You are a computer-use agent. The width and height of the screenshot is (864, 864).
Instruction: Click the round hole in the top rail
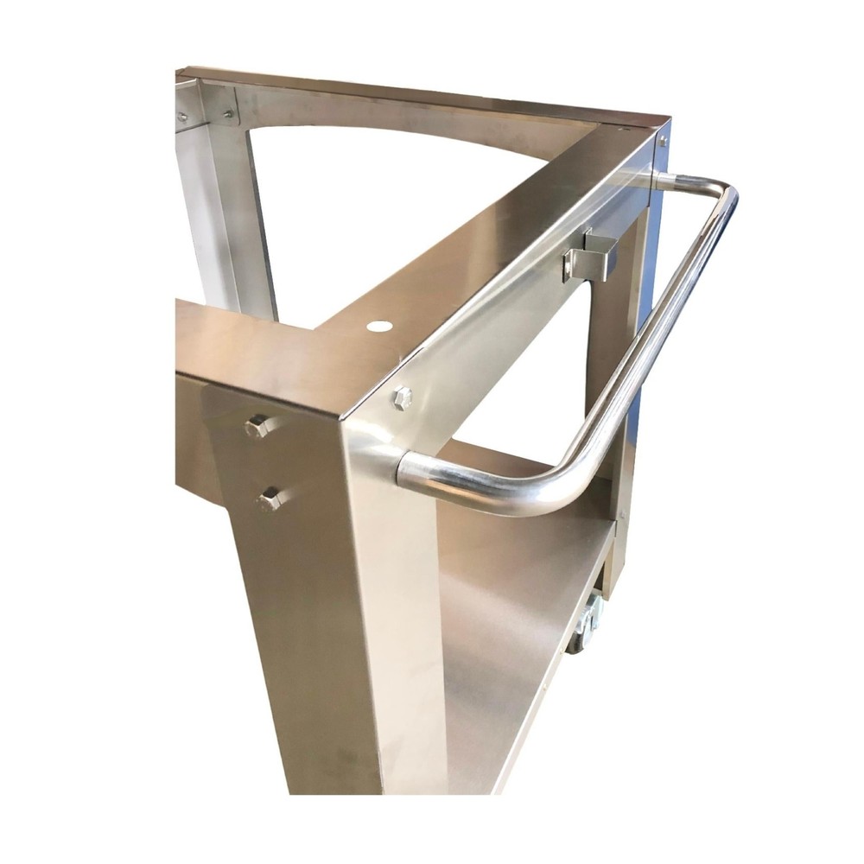377,327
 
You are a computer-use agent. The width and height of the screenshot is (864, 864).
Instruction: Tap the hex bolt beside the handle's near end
402,398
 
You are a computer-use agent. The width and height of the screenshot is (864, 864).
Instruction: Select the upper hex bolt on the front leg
257,427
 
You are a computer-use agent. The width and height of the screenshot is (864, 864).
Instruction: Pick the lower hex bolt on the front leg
270,499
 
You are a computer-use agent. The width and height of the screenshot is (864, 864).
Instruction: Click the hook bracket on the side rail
588,256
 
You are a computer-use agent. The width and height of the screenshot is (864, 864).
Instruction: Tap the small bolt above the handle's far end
663,139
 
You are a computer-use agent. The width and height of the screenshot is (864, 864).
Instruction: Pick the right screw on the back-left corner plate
228,113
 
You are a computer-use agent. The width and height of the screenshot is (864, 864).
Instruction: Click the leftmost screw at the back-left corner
181,116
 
